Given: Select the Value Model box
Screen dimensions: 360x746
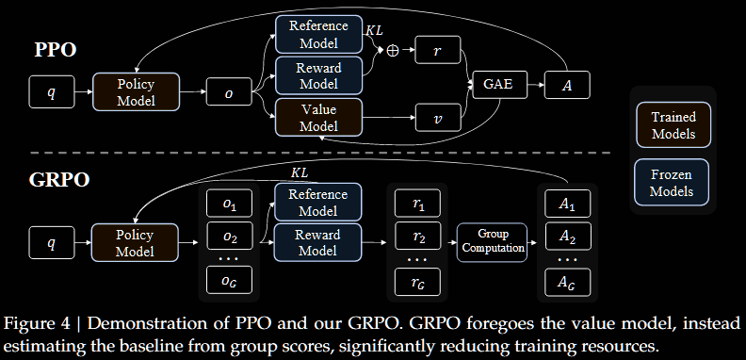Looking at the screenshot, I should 318,118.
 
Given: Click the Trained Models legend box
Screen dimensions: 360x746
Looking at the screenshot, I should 673,125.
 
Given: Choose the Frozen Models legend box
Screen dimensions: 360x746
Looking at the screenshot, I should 673,183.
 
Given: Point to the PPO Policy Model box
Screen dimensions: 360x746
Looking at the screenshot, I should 136,92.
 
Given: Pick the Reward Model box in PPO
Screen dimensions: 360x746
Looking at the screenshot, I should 318,75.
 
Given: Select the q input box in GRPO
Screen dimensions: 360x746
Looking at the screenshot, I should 51,242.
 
